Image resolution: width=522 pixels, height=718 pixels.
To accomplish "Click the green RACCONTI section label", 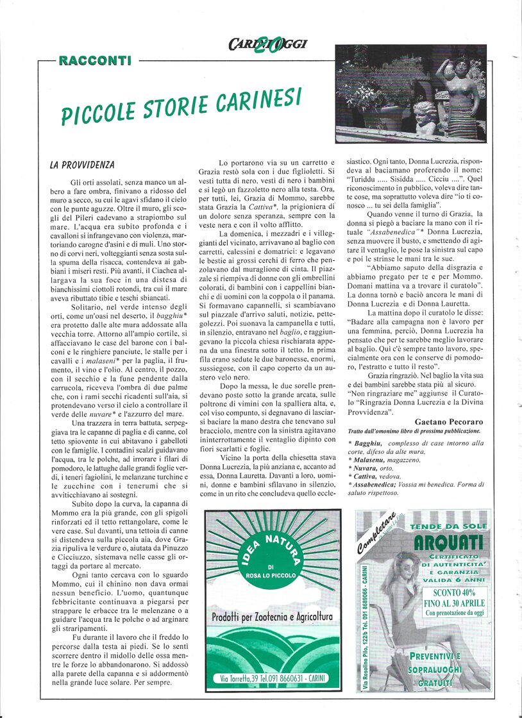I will (x=94, y=61).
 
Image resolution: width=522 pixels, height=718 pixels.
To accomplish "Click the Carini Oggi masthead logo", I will (x=267, y=44).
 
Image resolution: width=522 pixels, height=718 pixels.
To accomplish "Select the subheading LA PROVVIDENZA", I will (x=81, y=165).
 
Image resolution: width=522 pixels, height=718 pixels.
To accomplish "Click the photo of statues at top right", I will (x=410, y=93).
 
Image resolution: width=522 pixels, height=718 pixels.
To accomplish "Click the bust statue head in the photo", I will (x=423, y=113).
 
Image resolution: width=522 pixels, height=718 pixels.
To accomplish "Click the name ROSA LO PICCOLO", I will (x=272, y=575).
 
